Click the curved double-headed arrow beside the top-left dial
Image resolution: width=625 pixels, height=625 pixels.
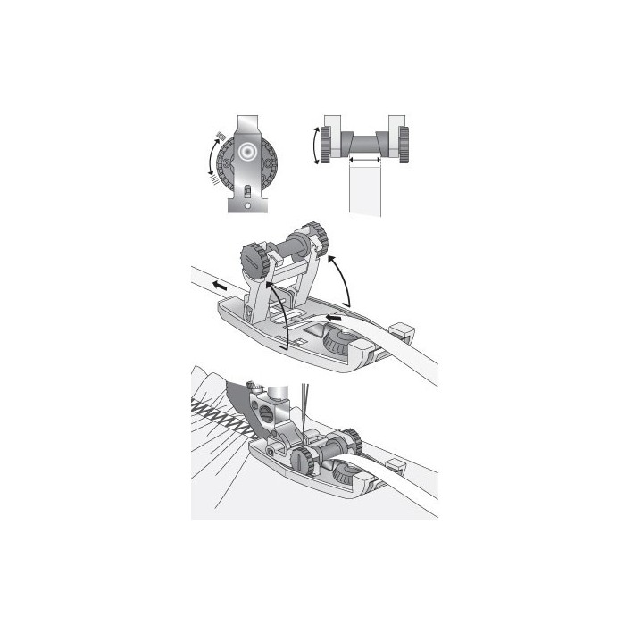(212, 158)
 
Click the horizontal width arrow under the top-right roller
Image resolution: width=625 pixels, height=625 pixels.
(364, 159)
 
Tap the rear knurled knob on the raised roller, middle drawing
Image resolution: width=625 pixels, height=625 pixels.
(314, 237)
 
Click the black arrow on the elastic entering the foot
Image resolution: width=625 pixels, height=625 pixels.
(334, 316)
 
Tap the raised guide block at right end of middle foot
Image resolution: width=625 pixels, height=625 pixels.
(401, 331)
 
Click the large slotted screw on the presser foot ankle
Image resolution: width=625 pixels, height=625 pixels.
(264, 414)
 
